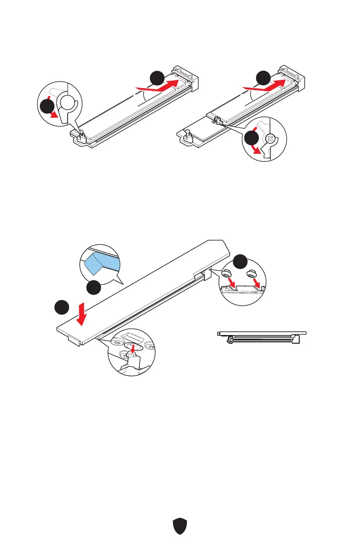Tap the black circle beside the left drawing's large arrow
(157, 78)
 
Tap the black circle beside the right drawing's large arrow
(263, 78)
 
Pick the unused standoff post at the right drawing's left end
(187, 133)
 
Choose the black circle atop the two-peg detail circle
(241, 262)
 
